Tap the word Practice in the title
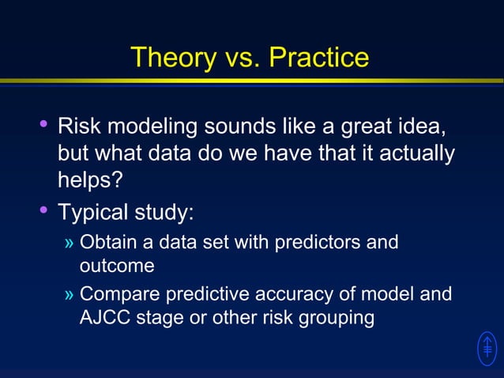pos(318,57)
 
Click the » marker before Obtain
pos(70,242)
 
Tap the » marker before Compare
pos(70,295)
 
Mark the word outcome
pos(116,266)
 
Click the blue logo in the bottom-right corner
pos(487,349)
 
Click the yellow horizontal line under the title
pos(252,81)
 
